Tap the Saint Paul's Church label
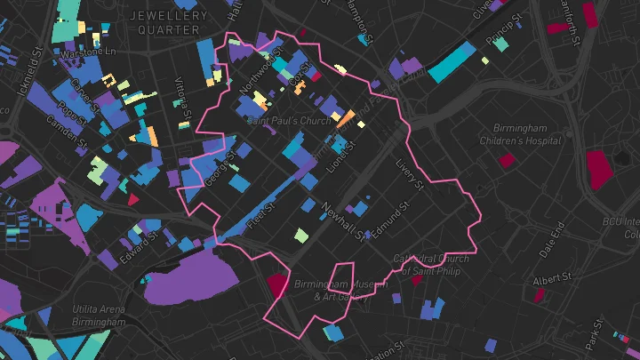pyautogui.click(x=288, y=120)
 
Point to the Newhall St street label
pyautogui.click(x=342, y=221)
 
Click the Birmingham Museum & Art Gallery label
pyautogui.click(x=328, y=291)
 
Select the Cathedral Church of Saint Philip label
pyautogui.click(x=427, y=265)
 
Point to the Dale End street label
pyautogui.click(x=552, y=240)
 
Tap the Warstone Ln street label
pyautogui.click(x=88, y=54)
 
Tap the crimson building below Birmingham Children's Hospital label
pyautogui.click(x=507, y=161)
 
